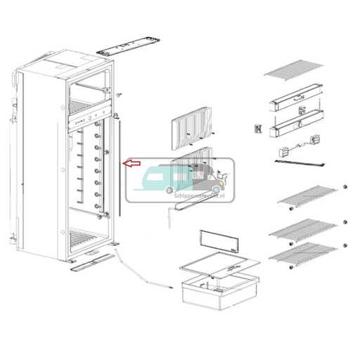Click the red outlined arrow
130,164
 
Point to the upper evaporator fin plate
192,127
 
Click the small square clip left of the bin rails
258,129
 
